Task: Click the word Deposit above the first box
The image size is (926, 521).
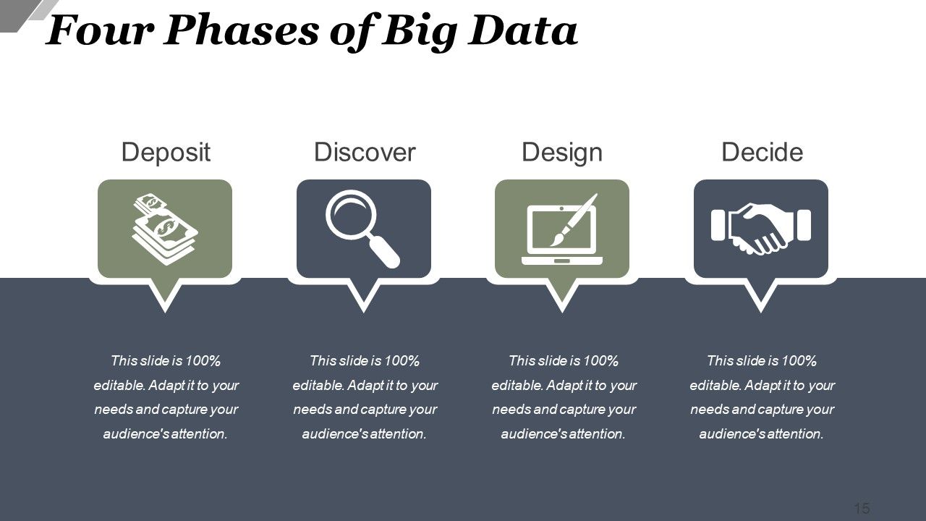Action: pyautogui.click(x=166, y=153)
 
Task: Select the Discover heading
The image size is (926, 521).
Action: pyautogui.click(x=365, y=153)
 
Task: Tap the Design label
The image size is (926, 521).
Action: pyautogui.click(x=562, y=153)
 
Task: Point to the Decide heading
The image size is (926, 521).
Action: pyautogui.click(x=762, y=153)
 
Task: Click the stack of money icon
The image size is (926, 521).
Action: pyautogui.click(x=164, y=229)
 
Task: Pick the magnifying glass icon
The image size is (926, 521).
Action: pyautogui.click(x=362, y=228)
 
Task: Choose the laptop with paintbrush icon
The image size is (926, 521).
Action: pyautogui.click(x=561, y=231)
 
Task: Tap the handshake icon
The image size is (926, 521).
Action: pyautogui.click(x=760, y=228)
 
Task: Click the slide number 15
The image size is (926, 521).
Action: pyautogui.click(x=862, y=507)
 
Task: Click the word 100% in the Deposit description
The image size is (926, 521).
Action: pyautogui.click(x=203, y=360)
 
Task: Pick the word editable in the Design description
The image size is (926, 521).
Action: pyautogui.click(x=517, y=385)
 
